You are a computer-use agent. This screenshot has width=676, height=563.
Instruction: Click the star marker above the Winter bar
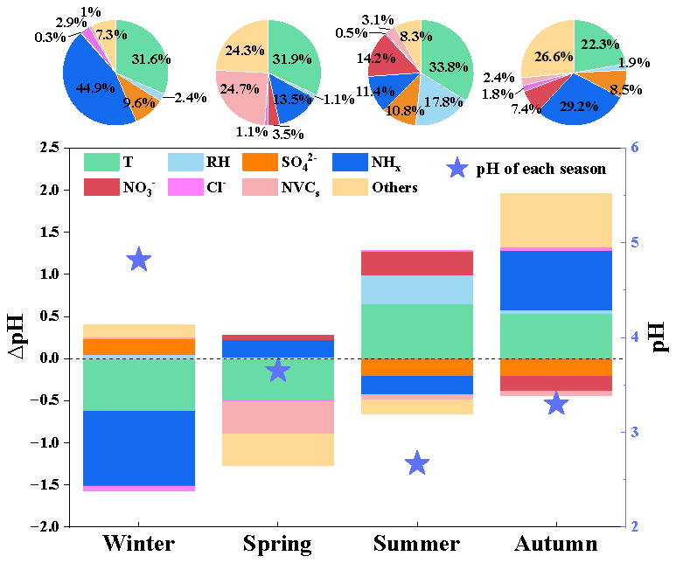point(139,260)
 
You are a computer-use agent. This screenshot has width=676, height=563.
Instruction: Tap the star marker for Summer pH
point(417,463)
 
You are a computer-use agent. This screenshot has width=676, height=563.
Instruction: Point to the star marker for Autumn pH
point(556,404)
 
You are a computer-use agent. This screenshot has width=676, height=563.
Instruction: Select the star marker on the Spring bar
point(277,371)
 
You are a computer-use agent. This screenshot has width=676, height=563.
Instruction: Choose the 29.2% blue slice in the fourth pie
point(578,103)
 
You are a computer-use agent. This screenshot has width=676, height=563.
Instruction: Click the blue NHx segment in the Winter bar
point(139,448)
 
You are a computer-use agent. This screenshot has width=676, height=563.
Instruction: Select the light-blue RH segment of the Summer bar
point(417,289)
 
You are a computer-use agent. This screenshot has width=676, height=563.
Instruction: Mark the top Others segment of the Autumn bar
point(556,220)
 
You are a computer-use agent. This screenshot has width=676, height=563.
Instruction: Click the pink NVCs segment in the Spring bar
point(277,417)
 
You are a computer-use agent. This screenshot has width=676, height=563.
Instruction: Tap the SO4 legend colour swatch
point(260,163)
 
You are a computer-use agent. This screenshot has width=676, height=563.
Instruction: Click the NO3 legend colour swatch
point(101,188)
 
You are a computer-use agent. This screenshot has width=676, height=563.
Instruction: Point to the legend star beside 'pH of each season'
point(457,168)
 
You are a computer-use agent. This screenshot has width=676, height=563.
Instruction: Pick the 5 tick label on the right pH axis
point(635,243)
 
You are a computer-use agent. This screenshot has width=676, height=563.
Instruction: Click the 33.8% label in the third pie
point(449,66)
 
